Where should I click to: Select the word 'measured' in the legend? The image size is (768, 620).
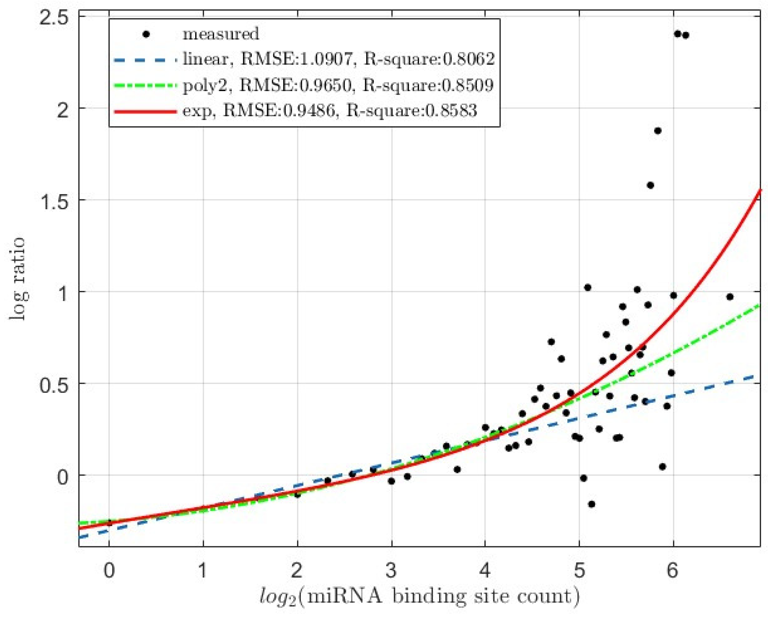pos(221,34)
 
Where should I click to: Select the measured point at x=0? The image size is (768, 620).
pos(109,523)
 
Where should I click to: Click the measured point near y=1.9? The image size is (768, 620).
pos(658,131)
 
